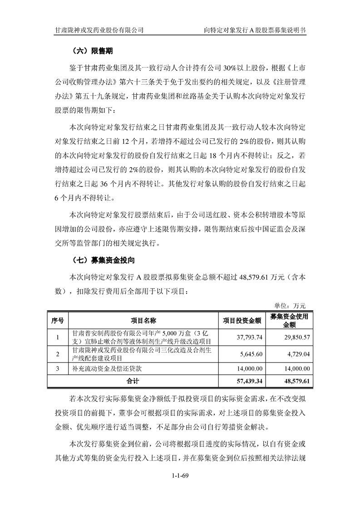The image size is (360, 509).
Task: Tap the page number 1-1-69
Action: (x=180, y=475)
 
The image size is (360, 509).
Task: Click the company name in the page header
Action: (x=99, y=30)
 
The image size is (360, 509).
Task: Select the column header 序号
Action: (x=58, y=321)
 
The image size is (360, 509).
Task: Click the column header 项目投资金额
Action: (x=242, y=321)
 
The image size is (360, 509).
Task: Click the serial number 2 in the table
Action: (x=58, y=354)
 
